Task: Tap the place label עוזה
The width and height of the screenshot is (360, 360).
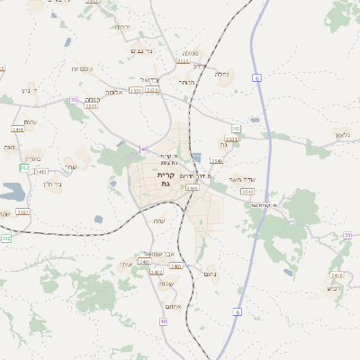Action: [x=159, y=221]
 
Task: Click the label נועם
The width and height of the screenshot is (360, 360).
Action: [x=211, y=274]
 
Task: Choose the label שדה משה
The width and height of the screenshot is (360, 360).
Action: [x=242, y=179]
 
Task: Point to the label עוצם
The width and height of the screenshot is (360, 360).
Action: [x=31, y=121]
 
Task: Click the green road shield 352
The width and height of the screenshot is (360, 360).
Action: [x=24, y=168]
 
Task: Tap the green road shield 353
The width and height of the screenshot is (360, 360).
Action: [x=236, y=130]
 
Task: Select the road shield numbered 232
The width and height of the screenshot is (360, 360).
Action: [x=6, y=238]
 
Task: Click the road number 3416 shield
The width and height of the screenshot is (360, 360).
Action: [x=18, y=130]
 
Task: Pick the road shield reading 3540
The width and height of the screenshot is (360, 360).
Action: [x=217, y=160]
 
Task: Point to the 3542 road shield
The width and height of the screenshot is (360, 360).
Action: [x=248, y=192]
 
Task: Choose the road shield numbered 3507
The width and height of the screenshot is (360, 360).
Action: [x=23, y=211]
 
